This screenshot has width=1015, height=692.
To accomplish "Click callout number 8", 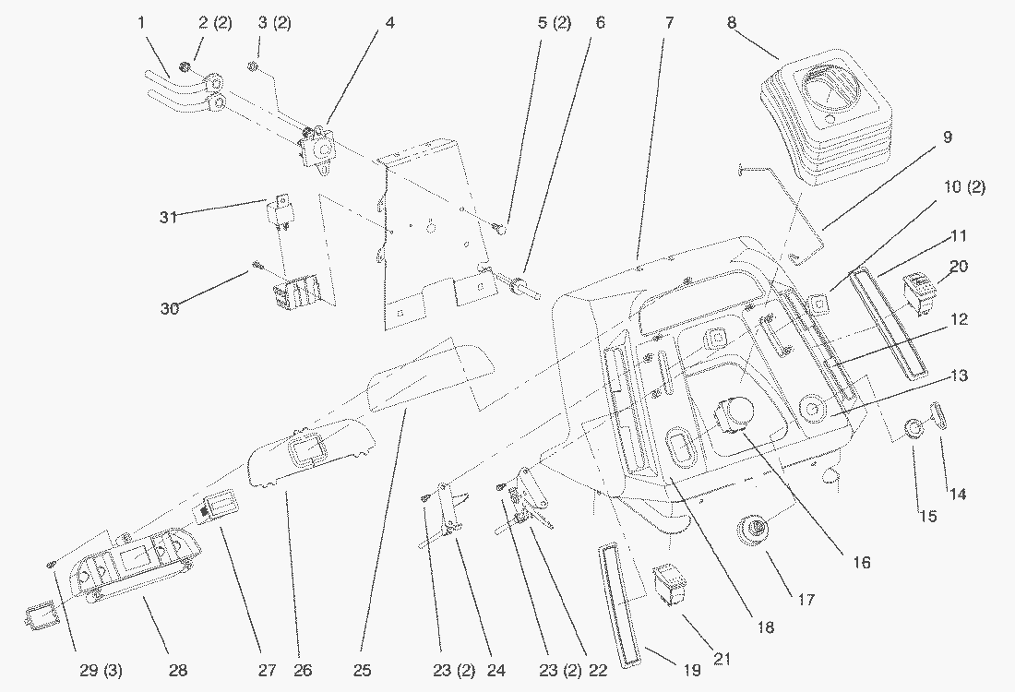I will tap(732, 23).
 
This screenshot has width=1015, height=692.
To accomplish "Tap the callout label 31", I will tap(166, 216).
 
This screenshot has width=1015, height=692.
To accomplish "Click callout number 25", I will tap(362, 669).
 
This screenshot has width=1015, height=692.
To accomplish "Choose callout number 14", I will tap(958, 494).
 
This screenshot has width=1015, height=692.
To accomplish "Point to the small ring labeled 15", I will tap(913, 430).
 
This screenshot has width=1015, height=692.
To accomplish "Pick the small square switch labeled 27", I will tap(215, 507).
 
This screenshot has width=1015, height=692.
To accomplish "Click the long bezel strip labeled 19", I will tap(617, 603).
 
